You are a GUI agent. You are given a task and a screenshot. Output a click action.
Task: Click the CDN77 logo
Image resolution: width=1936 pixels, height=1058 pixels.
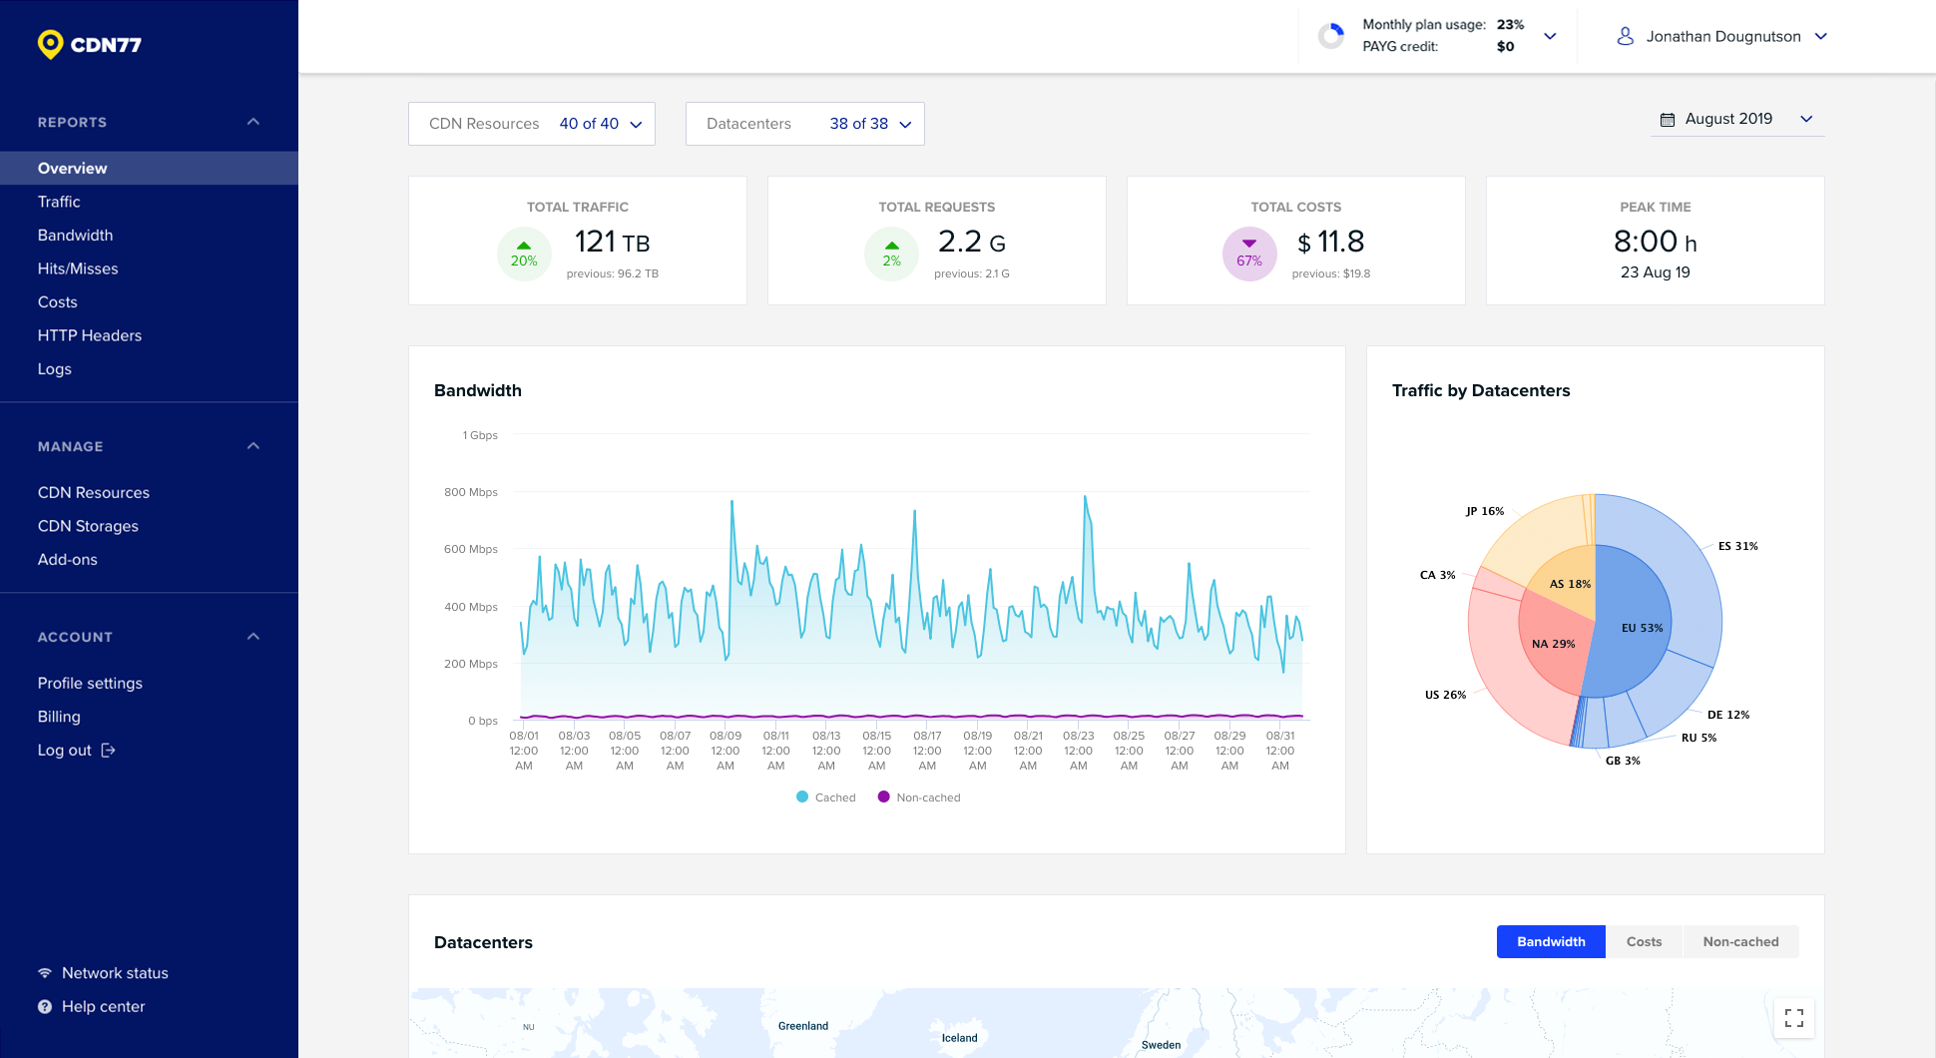(x=90, y=44)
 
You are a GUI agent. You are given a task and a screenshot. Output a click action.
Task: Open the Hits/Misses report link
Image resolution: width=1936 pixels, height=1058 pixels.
(x=78, y=268)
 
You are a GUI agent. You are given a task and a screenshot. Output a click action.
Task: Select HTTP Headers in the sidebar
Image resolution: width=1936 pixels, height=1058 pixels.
(x=90, y=335)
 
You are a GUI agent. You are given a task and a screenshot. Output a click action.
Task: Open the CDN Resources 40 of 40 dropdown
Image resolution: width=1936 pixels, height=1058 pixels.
(x=531, y=124)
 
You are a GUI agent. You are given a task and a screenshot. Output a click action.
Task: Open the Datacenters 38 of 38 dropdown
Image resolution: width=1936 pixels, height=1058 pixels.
(x=804, y=124)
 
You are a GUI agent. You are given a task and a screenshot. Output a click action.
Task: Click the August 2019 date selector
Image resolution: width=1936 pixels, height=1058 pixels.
(x=1736, y=119)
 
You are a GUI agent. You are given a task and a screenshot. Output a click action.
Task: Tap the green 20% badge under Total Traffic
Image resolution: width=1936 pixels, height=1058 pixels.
(x=524, y=255)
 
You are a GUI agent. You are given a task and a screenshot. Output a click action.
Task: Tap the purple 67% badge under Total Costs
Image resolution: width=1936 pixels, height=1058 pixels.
(x=1249, y=255)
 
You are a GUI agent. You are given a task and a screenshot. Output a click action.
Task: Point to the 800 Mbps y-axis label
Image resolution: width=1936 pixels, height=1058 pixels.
(x=471, y=492)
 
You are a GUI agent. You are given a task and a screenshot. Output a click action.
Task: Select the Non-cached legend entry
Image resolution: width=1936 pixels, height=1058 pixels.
(x=919, y=797)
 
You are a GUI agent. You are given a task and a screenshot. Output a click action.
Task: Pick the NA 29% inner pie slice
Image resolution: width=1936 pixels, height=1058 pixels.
(x=1553, y=644)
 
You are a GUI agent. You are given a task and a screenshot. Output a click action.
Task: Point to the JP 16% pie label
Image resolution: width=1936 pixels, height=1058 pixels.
(x=1484, y=511)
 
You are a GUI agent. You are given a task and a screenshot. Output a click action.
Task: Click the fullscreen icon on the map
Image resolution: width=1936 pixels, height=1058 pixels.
(x=1793, y=1018)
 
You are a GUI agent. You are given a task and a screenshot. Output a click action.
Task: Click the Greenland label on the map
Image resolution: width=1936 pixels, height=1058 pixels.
(x=803, y=1026)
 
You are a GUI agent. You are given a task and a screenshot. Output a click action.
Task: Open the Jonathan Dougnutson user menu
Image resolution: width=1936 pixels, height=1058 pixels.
(x=1721, y=37)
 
